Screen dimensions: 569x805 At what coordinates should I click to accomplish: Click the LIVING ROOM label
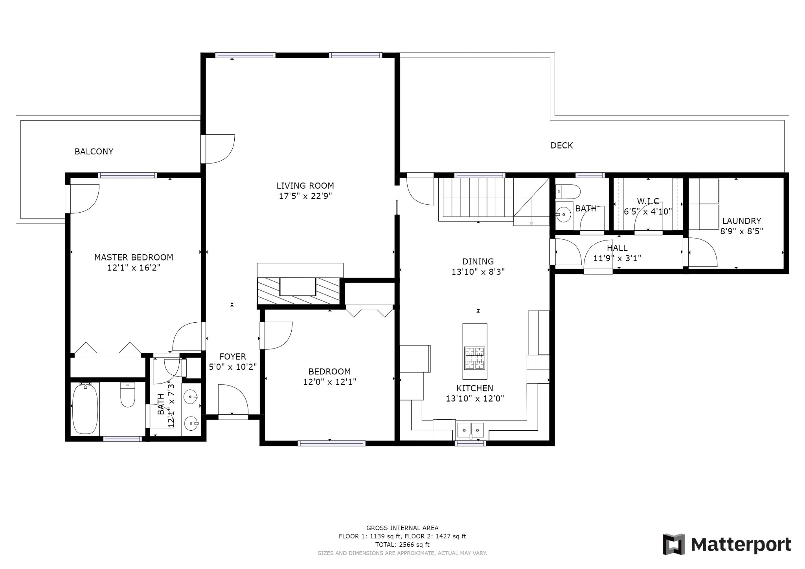[x=305, y=185]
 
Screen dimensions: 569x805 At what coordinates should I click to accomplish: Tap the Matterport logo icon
[x=674, y=544]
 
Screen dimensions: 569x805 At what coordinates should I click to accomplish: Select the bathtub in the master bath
[x=85, y=409]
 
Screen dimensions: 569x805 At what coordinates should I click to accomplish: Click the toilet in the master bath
[x=127, y=395]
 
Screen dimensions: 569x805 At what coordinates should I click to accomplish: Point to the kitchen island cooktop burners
[x=474, y=358]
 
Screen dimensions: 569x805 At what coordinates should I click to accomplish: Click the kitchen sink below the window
[x=471, y=430]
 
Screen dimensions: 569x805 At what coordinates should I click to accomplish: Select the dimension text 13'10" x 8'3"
[x=478, y=272]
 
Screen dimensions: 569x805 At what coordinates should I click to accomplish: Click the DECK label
[x=561, y=145]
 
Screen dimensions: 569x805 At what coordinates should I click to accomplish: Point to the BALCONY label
[x=94, y=151]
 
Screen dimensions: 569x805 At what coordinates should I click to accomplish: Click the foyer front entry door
[x=233, y=401]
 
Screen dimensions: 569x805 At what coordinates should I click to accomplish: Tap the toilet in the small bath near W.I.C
[x=568, y=192]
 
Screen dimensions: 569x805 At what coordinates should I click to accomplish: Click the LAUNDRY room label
[x=741, y=221]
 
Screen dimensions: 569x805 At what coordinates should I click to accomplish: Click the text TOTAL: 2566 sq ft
[x=402, y=545]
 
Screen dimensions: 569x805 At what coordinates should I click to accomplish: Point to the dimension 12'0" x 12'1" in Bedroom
[x=329, y=382]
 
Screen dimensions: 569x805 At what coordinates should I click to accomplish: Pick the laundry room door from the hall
[x=702, y=253]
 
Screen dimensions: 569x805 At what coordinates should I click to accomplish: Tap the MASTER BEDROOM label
[x=134, y=257]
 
